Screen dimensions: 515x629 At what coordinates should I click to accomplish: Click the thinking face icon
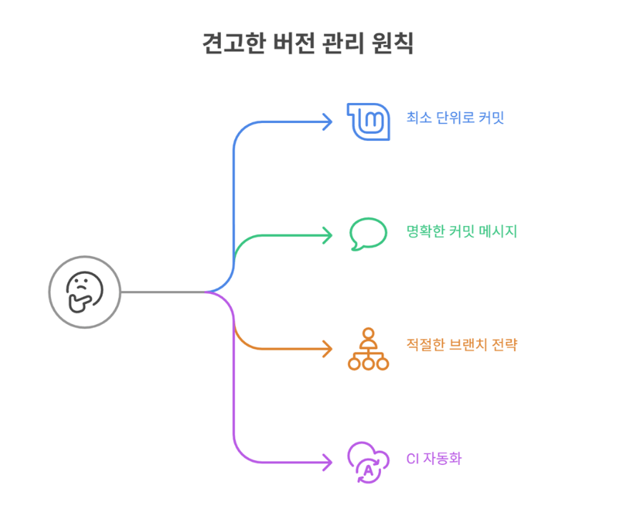(x=84, y=292)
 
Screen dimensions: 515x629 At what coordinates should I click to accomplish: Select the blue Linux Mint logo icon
(x=368, y=121)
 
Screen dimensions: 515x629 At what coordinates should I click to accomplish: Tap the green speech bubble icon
(x=368, y=234)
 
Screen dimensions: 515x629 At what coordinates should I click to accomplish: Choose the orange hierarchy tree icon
(x=368, y=348)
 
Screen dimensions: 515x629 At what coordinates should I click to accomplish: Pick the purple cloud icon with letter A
(x=368, y=462)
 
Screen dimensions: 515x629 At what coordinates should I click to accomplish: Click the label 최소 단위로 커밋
(x=455, y=117)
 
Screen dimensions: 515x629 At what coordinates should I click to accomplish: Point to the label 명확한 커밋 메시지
(x=461, y=231)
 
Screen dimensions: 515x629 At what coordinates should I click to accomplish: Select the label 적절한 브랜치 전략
(x=461, y=345)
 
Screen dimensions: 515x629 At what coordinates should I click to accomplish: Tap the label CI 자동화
(x=434, y=458)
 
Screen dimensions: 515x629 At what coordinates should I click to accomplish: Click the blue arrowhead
(x=329, y=121)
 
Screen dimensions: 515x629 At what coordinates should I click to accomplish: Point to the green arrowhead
(x=329, y=235)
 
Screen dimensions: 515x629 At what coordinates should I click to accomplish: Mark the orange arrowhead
(x=329, y=349)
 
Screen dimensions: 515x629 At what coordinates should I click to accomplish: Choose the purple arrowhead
(x=329, y=462)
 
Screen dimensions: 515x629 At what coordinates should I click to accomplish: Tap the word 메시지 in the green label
(x=497, y=231)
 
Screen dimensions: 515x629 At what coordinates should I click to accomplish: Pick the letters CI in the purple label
(x=412, y=458)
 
